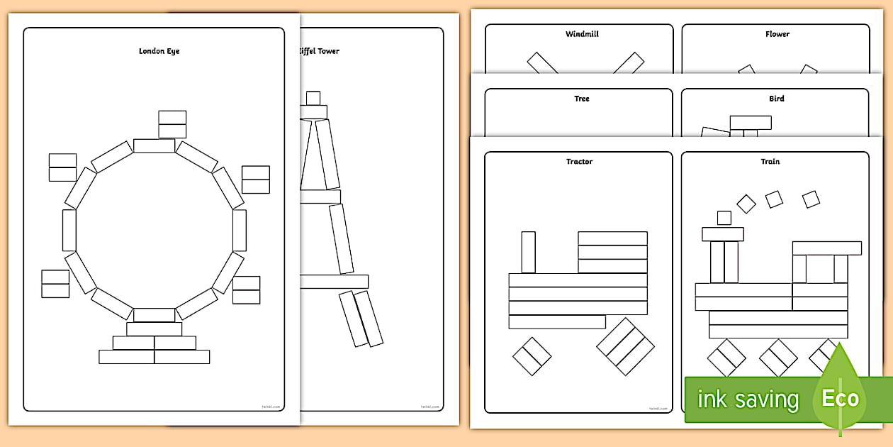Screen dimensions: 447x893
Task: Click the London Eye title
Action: (x=159, y=51)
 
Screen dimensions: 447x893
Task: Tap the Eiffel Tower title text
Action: (x=318, y=51)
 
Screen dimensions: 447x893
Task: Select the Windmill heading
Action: (x=582, y=34)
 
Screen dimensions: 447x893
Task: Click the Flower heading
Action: (x=777, y=34)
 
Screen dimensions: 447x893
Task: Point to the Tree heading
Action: (x=582, y=99)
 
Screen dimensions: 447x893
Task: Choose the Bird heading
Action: (x=777, y=99)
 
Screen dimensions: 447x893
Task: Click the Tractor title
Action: (x=579, y=162)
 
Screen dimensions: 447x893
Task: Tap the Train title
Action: (x=770, y=162)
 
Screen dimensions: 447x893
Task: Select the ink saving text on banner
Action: (x=748, y=399)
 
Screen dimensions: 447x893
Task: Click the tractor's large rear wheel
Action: (x=625, y=346)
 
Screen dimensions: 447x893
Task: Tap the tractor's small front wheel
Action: (x=532, y=356)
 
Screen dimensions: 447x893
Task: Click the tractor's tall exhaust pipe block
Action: (x=528, y=252)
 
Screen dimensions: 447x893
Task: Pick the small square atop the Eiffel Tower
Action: (x=313, y=98)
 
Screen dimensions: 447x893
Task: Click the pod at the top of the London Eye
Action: (x=172, y=124)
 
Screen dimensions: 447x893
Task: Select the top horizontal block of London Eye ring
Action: (x=154, y=146)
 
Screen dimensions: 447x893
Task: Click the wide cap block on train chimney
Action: (x=723, y=234)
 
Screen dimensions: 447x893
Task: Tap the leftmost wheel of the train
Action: (x=726, y=357)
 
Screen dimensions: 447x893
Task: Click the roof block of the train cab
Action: (x=827, y=248)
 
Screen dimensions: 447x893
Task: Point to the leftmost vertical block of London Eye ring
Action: (x=69, y=230)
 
